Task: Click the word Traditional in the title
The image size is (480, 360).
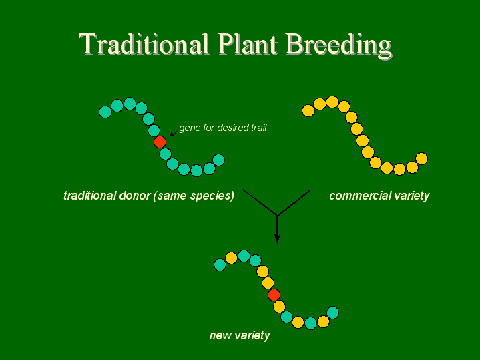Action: tap(144, 44)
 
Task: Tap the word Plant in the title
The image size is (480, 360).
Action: tap(248, 44)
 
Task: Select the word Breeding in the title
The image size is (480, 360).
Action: tap(339, 46)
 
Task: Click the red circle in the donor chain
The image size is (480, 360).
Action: tap(160, 142)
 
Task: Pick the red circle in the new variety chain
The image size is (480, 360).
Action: tap(274, 295)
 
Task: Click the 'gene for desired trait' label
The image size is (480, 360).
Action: tap(223, 128)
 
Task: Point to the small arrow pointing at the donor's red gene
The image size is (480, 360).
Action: tap(174, 133)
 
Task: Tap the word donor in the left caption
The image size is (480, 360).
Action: tap(134, 196)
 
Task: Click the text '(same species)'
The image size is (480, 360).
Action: tap(194, 196)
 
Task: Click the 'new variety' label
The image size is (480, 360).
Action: tap(240, 335)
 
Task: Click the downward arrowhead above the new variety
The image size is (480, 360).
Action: tap(277, 238)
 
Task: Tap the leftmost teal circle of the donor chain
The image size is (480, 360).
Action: tap(105, 112)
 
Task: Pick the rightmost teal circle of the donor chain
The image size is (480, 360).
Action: tap(218, 160)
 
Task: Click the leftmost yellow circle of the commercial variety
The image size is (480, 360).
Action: tap(308, 110)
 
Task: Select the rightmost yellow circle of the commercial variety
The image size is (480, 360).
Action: tap(421, 159)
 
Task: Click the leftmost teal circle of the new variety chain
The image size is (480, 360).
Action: tap(220, 264)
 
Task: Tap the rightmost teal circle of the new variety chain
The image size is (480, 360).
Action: tap(332, 313)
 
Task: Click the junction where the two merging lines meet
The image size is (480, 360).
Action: tap(277, 216)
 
